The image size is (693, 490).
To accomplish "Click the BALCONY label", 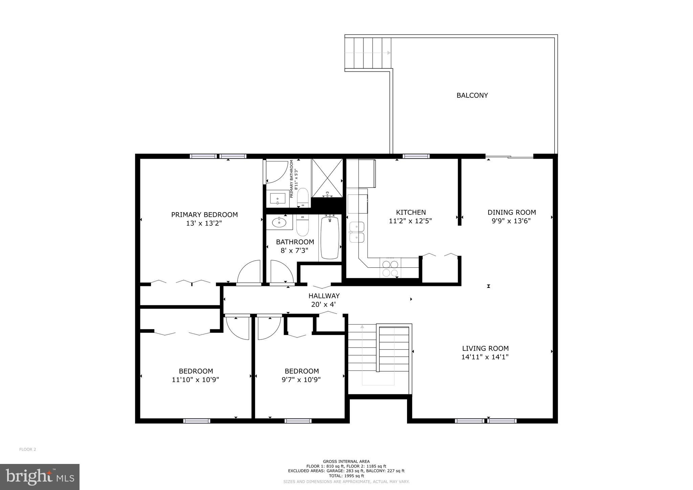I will coord(472,95).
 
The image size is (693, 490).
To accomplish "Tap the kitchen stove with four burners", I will coord(390,268).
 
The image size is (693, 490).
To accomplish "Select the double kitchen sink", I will coord(357,232).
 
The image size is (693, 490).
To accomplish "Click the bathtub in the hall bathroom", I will coord(330,238).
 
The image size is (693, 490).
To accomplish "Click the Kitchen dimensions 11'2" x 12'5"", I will coord(410,221).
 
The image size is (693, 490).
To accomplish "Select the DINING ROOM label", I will coord(511,213).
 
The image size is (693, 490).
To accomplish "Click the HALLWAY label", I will coord(324,296).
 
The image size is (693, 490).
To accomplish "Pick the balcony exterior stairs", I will coord(368,53).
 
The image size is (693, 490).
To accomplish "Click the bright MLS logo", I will coord(40,477).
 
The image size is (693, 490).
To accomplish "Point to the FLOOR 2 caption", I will coord(27,449).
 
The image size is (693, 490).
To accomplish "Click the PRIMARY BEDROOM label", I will coord(204,215).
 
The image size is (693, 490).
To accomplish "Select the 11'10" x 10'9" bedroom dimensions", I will coord(195,380).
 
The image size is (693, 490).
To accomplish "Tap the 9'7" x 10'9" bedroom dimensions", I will coord(301,380).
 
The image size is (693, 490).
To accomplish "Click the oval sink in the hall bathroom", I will coord(279,222).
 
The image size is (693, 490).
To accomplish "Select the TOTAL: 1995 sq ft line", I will coord(346,476).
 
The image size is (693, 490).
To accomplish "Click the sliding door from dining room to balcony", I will coord(509,157).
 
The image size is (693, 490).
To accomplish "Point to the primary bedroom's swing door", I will coord(250,272).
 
